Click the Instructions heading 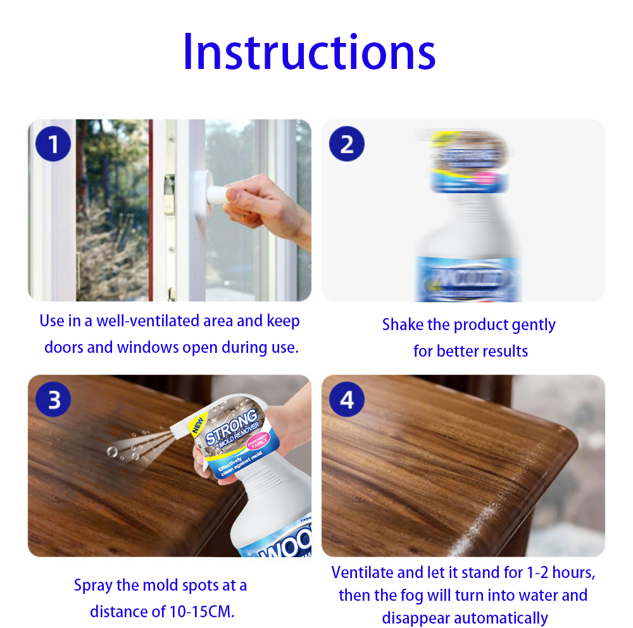coord(309,52)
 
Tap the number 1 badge coord(54,144)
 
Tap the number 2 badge coord(347,144)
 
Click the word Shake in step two coord(403,325)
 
